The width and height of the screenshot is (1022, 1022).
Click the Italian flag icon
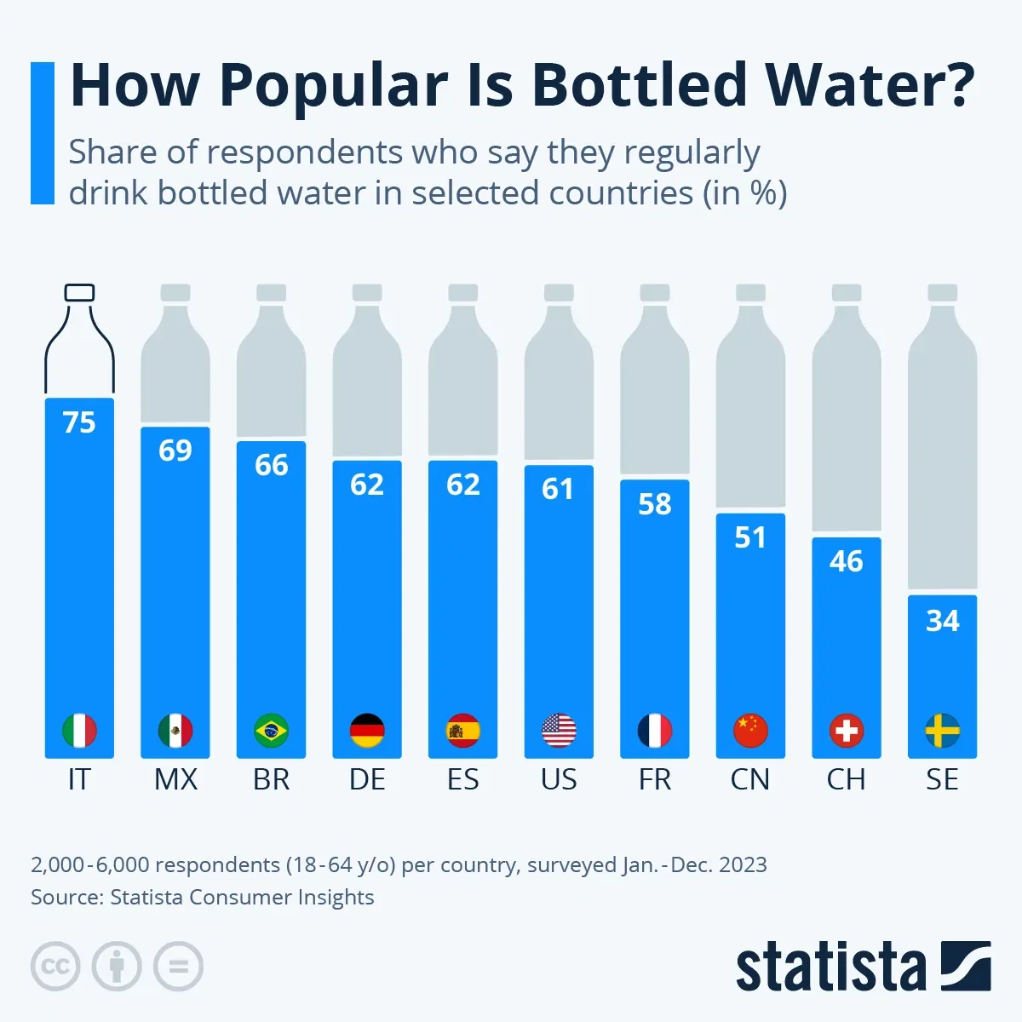[x=79, y=731]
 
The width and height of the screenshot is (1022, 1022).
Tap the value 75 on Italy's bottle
[x=79, y=422]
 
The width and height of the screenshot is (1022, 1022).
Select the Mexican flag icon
[x=175, y=731]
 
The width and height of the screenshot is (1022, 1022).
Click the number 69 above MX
[x=175, y=451]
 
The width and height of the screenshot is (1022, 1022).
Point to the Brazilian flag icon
[x=271, y=731]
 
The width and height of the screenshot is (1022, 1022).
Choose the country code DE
[x=367, y=779]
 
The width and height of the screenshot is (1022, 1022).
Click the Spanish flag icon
[x=463, y=731]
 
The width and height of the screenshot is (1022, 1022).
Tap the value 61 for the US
[x=559, y=489]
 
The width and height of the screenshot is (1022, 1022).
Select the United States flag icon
[x=559, y=731]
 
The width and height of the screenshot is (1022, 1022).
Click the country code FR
[x=655, y=779]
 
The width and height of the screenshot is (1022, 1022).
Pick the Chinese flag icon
[x=750, y=731]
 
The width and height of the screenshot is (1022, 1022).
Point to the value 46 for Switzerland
[x=847, y=561]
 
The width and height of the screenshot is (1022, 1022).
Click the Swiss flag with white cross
[x=847, y=731]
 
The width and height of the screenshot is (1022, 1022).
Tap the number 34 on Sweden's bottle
[x=942, y=621]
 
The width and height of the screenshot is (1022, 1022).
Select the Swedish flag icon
[x=942, y=731]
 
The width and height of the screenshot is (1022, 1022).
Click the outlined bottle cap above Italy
[x=79, y=293]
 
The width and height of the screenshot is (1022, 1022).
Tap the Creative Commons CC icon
[x=55, y=967]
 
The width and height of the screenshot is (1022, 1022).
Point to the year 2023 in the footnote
[x=743, y=864]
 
